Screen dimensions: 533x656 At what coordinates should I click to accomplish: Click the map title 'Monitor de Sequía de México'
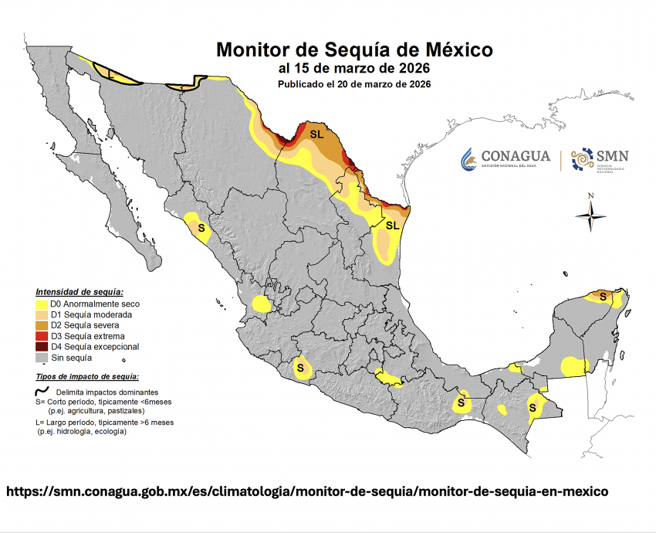(x=354, y=50)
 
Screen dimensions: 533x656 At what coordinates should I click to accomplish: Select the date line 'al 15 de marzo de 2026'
(x=354, y=69)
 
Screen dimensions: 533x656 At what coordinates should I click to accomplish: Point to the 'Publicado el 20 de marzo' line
(x=354, y=83)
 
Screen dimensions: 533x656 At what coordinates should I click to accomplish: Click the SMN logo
(x=600, y=159)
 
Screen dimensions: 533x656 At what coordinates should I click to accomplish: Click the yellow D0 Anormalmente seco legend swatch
(x=42, y=304)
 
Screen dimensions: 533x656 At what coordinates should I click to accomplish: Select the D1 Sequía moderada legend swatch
(x=42, y=315)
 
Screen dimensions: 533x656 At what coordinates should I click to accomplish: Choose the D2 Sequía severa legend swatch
(x=42, y=326)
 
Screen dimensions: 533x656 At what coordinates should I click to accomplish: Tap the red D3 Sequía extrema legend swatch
(x=42, y=337)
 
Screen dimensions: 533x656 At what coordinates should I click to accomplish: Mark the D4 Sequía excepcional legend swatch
(x=42, y=348)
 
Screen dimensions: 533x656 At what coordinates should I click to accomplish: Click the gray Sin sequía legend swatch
(x=42, y=358)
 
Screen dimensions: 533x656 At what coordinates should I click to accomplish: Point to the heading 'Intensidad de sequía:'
(x=79, y=292)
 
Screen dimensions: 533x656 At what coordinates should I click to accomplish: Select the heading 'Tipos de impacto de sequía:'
(x=87, y=376)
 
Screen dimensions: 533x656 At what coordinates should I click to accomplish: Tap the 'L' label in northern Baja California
(x=111, y=74)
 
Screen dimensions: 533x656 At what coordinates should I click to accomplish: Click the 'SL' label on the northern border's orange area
(x=316, y=134)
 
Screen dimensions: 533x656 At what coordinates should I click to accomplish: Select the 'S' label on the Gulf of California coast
(x=201, y=229)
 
